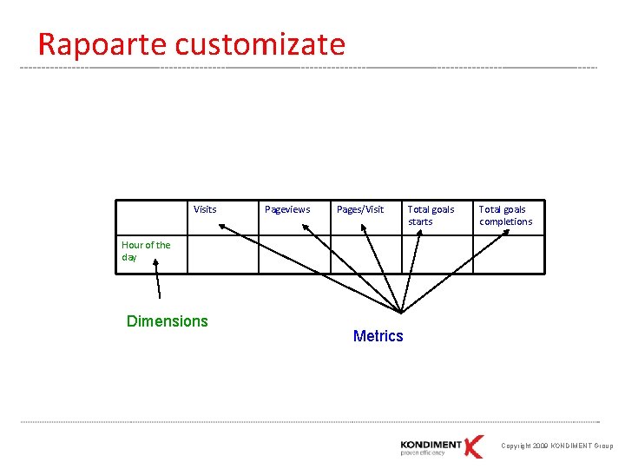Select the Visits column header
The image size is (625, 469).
tap(205, 209)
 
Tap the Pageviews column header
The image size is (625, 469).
tap(287, 209)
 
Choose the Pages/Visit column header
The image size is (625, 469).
tap(360, 209)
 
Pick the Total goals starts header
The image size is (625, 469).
tap(431, 215)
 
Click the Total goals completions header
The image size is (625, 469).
tap(505, 215)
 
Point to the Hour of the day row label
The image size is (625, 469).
tap(146, 251)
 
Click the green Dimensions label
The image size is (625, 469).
tap(168, 321)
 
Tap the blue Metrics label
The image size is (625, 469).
tap(378, 336)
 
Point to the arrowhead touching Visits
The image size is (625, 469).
tap(222, 226)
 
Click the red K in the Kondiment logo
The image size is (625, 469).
tap(474, 446)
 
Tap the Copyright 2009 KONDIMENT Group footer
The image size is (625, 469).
tap(556, 446)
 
